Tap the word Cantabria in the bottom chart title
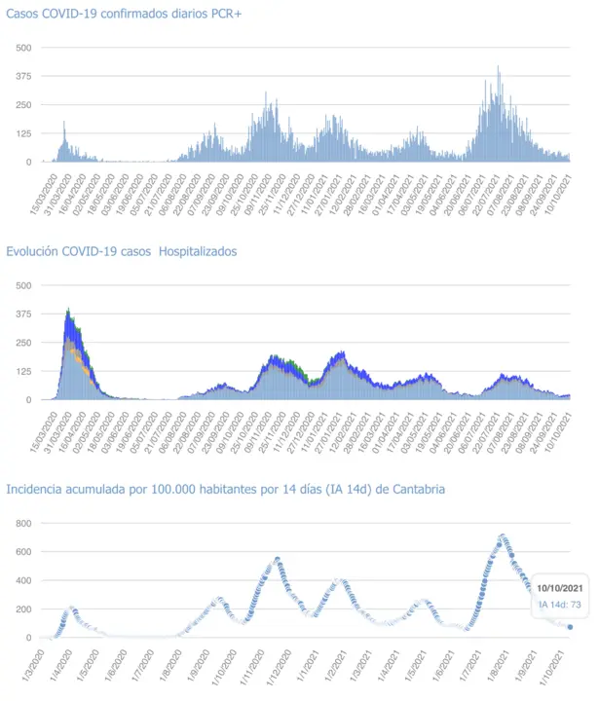click(413, 489)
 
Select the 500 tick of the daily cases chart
click(23, 48)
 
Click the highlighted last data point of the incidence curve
click(570, 627)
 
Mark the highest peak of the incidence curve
click(502, 535)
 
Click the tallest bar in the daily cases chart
click(499, 68)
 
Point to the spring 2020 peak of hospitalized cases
click(68, 312)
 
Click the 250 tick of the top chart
click(23, 105)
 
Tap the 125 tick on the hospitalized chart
click(23, 371)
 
